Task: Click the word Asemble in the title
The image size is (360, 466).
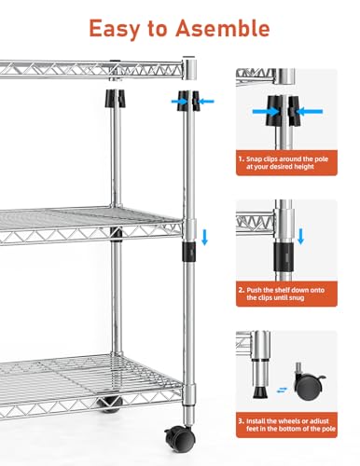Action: [223, 28]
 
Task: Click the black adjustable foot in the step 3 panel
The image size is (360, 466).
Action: [260, 392]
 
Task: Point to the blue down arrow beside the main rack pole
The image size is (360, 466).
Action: [204, 237]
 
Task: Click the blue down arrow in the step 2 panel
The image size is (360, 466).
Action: [300, 236]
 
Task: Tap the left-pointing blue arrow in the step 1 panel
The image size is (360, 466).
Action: [309, 111]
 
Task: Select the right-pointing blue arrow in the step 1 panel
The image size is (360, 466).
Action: [266, 112]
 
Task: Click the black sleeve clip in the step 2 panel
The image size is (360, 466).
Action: [284, 257]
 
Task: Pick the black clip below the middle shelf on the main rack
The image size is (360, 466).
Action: [189, 252]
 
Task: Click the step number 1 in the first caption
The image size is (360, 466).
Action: [241, 159]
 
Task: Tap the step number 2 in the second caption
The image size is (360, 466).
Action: [242, 290]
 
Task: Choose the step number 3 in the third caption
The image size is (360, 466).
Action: [242, 421]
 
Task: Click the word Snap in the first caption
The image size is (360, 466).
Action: [254, 159]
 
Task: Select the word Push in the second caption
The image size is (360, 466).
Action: [255, 290]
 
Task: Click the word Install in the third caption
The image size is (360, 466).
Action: [256, 421]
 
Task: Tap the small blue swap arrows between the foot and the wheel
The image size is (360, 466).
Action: [282, 391]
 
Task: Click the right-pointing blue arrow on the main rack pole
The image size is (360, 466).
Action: [179, 102]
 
